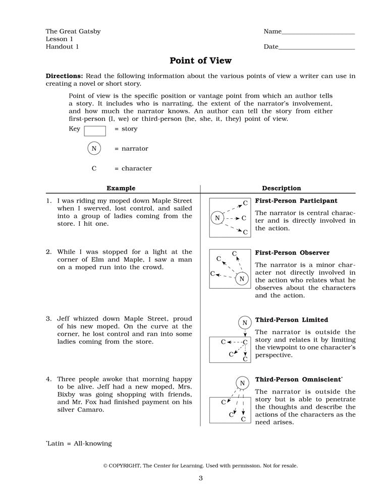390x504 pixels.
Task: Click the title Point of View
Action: pyautogui.click(x=200, y=61)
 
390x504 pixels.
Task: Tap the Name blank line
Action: pyautogui.click(x=318, y=33)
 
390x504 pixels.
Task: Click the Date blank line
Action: pyautogui.click(x=316, y=48)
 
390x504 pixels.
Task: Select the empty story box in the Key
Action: pyautogui.click(x=95, y=131)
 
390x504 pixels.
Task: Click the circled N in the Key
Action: pyautogui.click(x=94, y=149)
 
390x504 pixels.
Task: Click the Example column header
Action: pyautogui.click(x=121, y=188)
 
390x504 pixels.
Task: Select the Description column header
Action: pyautogui.click(x=281, y=188)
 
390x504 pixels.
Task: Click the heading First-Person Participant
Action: pyautogui.click(x=296, y=201)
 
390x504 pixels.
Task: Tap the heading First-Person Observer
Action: pyautogui.click(x=292, y=253)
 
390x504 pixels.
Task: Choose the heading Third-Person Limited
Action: pyautogui.click(x=291, y=320)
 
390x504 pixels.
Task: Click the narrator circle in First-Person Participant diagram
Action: pyautogui.click(x=217, y=218)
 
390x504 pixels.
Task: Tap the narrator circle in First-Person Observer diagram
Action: pyautogui.click(x=242, y=279)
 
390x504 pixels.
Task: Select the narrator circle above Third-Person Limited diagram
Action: pyautogui.click(x=245, y=323)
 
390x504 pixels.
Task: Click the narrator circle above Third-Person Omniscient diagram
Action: pyautogui.click(x=242, y=383)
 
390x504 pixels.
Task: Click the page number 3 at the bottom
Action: pyautogui.click(x=200, y=478)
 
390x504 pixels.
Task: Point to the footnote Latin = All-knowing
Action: pyautogui.click(x=79, y=444)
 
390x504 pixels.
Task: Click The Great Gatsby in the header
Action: pyautogui.click(x=73, y=31)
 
